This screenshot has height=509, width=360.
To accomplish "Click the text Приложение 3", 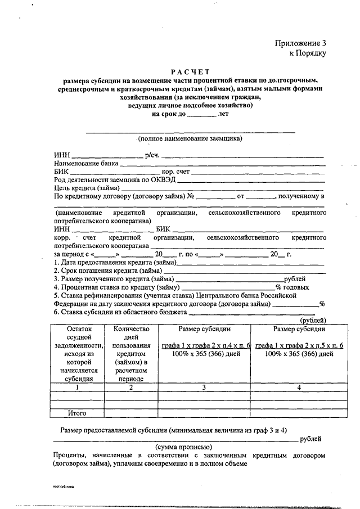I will (x=300, y=43).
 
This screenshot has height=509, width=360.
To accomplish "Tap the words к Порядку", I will (x=308, y=53).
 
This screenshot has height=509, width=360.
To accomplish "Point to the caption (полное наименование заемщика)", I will (x=190, y=138).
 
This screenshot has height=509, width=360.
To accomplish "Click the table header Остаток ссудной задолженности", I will (x=78, y=354).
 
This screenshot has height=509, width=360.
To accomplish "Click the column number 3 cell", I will (x=205, y=388).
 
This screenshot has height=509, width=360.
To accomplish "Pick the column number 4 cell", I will (x=299, y=388).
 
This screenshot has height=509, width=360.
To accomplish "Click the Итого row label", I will (x=78, y=413).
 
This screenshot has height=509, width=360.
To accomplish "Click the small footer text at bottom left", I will (x=62, y=484).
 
